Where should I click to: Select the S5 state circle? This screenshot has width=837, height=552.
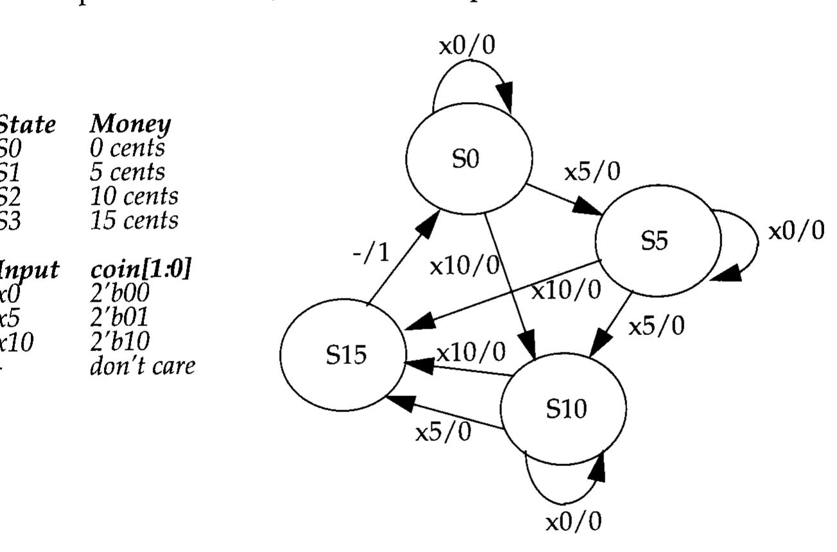click(657, 241)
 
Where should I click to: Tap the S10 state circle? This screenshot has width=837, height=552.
click(563, 409)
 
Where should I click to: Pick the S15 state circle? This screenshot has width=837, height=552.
click(343, 355)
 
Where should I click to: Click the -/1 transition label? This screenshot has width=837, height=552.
click(371, 254)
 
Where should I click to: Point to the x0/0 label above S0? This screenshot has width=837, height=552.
click(467, 46)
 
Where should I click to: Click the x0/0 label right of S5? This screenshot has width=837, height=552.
click(797, 231)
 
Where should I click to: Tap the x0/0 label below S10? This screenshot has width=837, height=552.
click(574, 522)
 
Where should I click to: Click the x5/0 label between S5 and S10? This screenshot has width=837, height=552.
click(656, 327)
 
